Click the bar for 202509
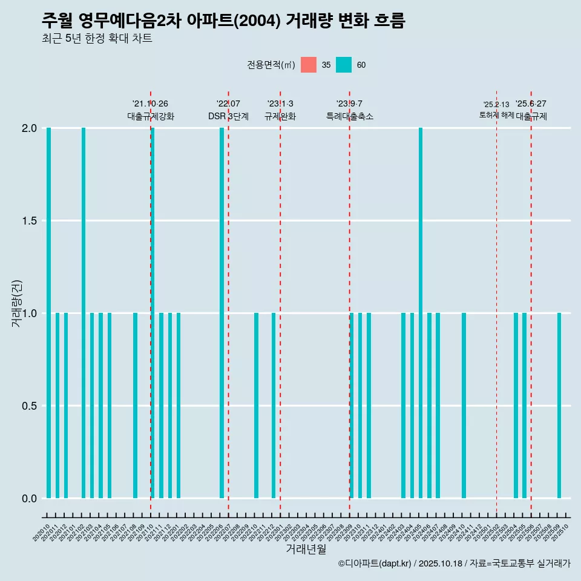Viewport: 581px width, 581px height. tap(559, 405)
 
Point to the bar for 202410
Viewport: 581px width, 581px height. tap(464, 405)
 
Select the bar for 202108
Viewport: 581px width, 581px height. tap(135, 405)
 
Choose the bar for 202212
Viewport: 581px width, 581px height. tap(274, 405)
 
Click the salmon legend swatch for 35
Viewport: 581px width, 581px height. tap(309, 65)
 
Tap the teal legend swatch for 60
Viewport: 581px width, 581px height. tap(344, 65)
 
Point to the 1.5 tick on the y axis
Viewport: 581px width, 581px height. tap(29, 221)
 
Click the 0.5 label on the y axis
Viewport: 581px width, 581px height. tap(29, 406)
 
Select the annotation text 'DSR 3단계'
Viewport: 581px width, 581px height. tap(228, 117)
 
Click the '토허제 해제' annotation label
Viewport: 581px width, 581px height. tap(496, 115)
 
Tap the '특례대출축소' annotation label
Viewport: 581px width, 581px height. tap(349, 117)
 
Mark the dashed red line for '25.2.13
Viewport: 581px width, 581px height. tap(496, 303)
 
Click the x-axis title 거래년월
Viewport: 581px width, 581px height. tap(306, 549)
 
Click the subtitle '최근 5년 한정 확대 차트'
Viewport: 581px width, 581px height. tap(97, 39)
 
